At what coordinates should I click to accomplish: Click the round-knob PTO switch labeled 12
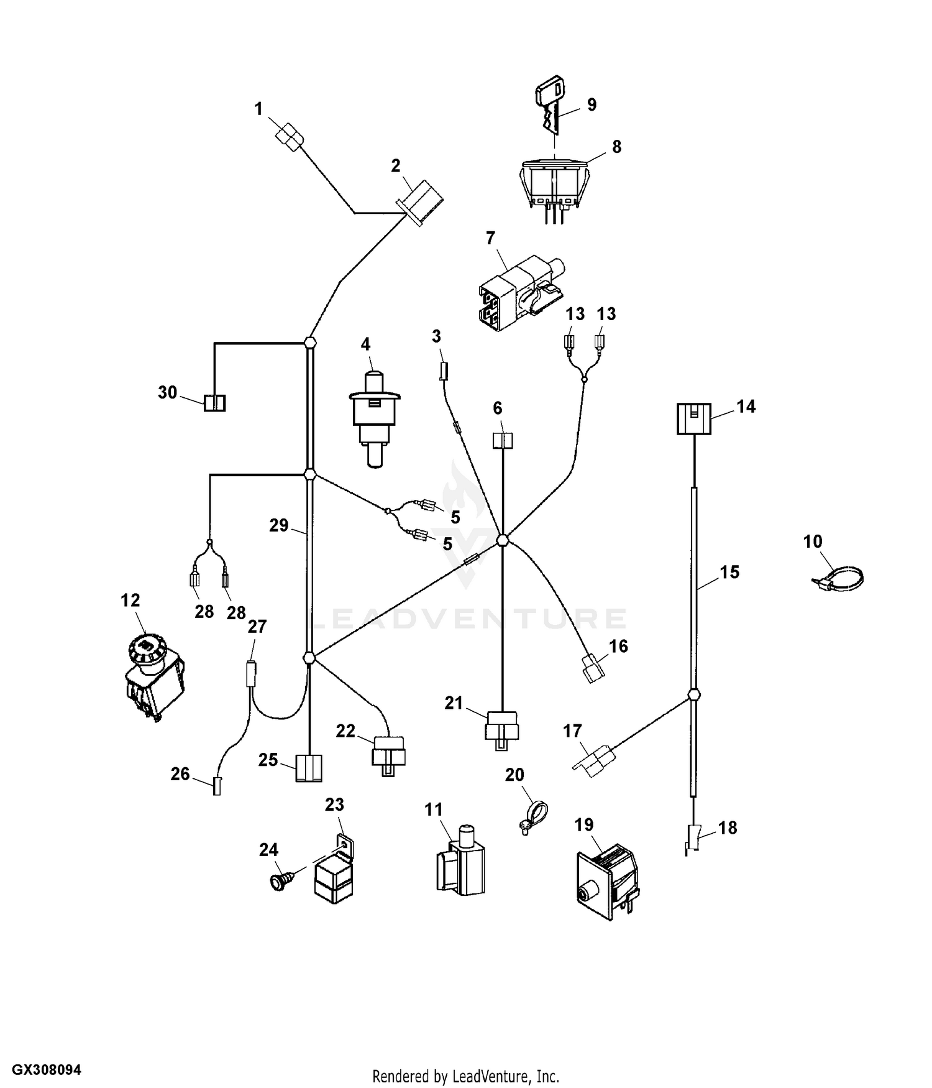[152, 678]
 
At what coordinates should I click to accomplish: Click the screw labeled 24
[275, 882]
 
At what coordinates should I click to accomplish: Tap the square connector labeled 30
[214, 403]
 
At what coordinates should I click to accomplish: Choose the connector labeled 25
[309, 768]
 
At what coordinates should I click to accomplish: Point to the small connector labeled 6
[502, 441]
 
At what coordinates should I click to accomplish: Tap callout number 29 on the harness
[278, 526]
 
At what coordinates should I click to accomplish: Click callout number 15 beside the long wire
[729, 572]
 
